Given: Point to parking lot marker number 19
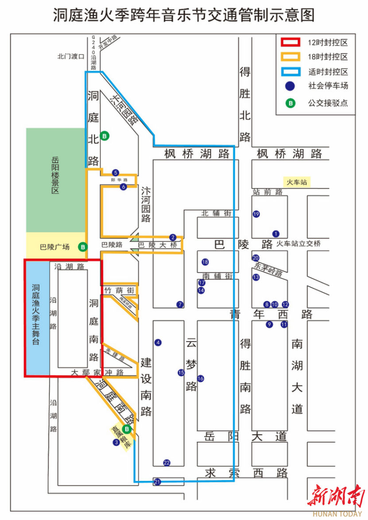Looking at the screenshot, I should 256,214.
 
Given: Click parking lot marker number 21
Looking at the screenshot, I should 157,481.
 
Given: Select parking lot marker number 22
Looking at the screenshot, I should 167,463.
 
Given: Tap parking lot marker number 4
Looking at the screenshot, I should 158,342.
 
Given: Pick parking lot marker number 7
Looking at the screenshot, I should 180,304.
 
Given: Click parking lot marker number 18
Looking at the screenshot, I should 205,262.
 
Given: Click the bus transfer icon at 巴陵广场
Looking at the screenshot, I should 83,247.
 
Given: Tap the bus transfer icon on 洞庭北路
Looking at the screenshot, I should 105,136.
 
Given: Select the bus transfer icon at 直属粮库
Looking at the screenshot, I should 127,428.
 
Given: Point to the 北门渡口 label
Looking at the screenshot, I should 70,57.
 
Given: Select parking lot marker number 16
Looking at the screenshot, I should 201,378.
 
